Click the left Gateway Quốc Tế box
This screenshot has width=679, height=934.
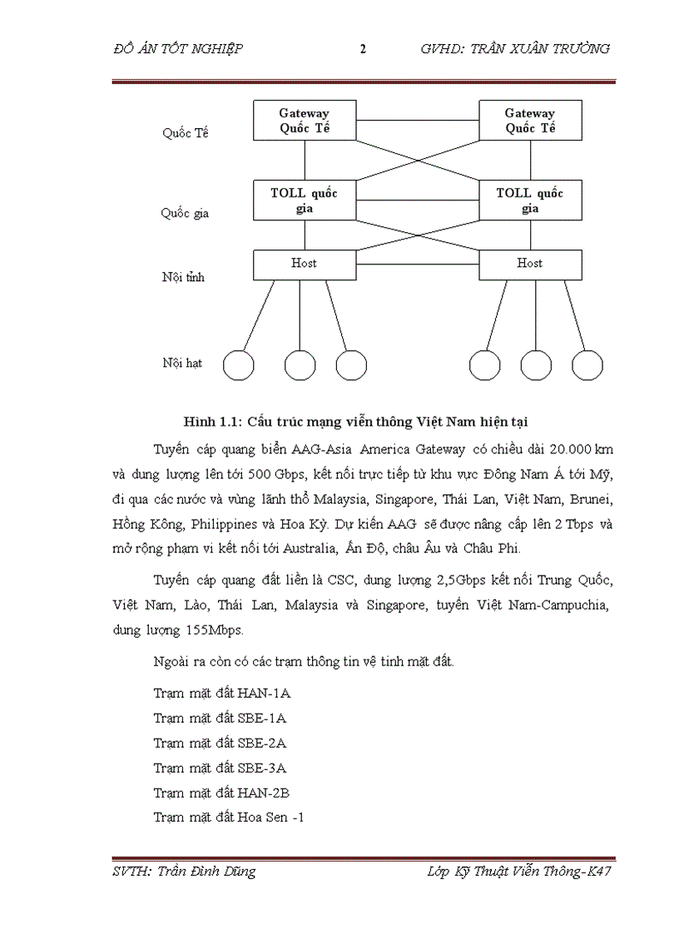pyautogui.click(x=304, y=121)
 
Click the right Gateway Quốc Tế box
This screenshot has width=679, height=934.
pyautogui.click(x=530, y=121)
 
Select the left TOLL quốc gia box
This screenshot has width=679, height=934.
pyautogui.click(x=304, y=200)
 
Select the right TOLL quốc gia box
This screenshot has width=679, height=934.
pyautogui.click(x=530, y=200)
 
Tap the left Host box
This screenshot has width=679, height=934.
pyautogui.click(x=304, y=264)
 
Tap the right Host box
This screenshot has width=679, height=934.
pyautogui.click(x=530, y=264)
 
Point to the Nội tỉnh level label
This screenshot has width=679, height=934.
pyautogui.click(x=183, y=277)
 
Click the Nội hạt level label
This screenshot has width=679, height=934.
pyautogui.click(x=182, y=363)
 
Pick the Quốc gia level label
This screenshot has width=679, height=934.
pyautogui.click(x=185, y=213)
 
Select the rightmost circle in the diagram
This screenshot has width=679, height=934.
pyautogui.click(x=587, y=364)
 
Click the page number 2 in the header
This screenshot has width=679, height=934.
pyautogui.click(x=363, y=48)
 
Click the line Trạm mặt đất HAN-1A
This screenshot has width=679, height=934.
pyautogui.click(x=221, y=692)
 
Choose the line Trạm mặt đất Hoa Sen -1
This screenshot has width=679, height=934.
pyautogui.click(x=229, y=817)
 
